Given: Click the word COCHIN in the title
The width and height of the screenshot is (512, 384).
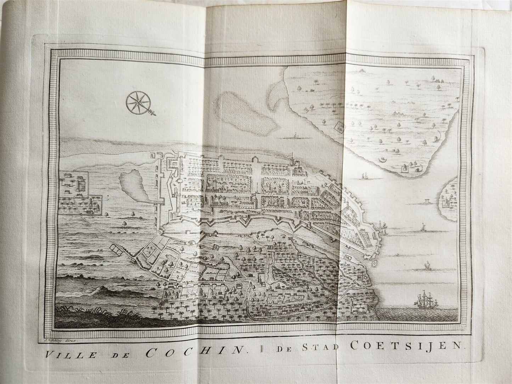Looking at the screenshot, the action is point(196,354).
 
